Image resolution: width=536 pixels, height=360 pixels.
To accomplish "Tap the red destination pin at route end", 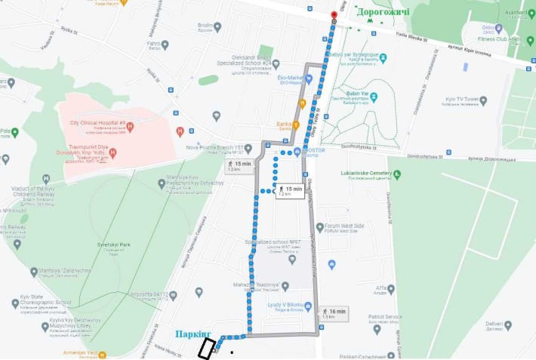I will (334, 16).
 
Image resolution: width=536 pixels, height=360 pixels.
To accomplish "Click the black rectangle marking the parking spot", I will (205, 348).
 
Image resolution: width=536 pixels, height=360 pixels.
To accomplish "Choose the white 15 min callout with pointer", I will (289, 191).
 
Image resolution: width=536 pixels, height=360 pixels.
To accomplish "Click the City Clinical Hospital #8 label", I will (97, 122).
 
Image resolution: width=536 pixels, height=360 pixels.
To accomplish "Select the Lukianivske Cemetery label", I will (366, 173).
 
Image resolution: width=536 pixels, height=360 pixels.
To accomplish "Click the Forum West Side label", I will (344, 226).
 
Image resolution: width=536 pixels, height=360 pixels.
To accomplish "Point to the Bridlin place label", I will (205, 25).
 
